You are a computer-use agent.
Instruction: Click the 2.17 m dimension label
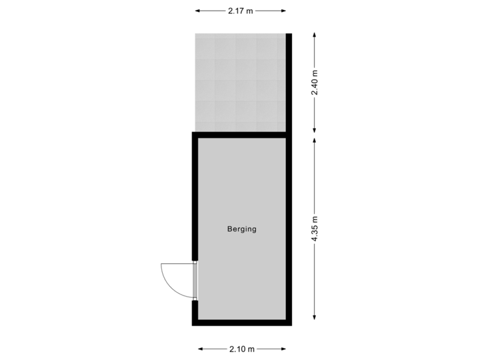tap(240, 11)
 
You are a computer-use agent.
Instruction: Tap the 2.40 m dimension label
tap(315, 83)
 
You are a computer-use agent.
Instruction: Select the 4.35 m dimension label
tap(315, 229)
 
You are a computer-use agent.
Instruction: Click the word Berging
tap(241, 229)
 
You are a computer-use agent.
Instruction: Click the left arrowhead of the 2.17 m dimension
tap(197, 11)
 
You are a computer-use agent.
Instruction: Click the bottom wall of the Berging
tap(241, 323)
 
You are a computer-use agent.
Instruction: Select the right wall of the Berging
tap(289, 229)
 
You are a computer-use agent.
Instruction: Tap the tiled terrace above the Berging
tap(240, 81)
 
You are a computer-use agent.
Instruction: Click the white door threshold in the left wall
tap(195, 281)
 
